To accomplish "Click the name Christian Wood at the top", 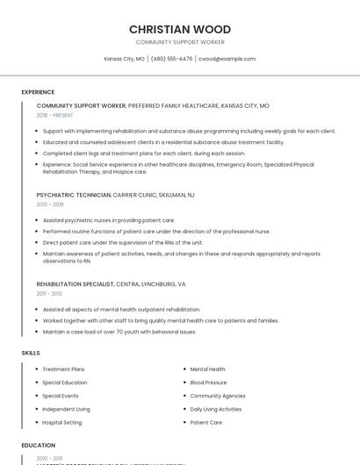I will tap(180, 29).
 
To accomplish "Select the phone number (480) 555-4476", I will tap(171, 59).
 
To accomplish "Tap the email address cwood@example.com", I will tap(227, 59).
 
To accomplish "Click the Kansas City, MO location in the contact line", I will tap(124, 59).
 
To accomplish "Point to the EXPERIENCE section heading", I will tap(38, 92).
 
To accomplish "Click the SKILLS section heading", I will tap(31, 353).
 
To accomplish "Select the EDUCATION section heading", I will tap(39, 445).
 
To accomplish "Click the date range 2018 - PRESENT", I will tap(56, 115).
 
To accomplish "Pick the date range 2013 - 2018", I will tap(50, 204).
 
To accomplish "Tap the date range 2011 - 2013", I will tap(49, 294).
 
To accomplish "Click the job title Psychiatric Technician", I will tap(74, 194).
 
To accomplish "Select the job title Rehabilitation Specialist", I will tap(76, 284).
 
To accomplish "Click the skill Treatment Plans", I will tap(63, 369).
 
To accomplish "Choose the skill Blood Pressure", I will tap(208, 383).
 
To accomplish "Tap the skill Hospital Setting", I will tap(61, 422).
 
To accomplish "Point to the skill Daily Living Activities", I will tap(217, 409).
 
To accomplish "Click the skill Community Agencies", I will tap(218, 396).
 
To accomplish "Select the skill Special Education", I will tap(64, 383).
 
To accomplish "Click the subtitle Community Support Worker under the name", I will tap(180, 42).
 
